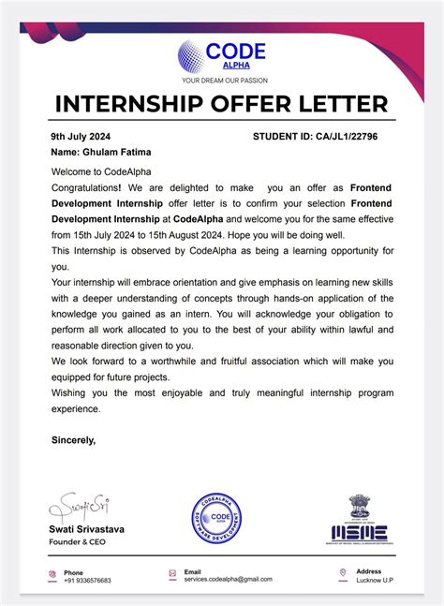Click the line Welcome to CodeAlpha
(101, 171)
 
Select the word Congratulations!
(86, 188)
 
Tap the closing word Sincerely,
(73, 439)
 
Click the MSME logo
(361, 520)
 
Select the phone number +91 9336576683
(87, 581)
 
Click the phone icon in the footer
(52, 573)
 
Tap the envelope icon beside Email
(172, 573)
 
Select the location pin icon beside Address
(344, 572)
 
